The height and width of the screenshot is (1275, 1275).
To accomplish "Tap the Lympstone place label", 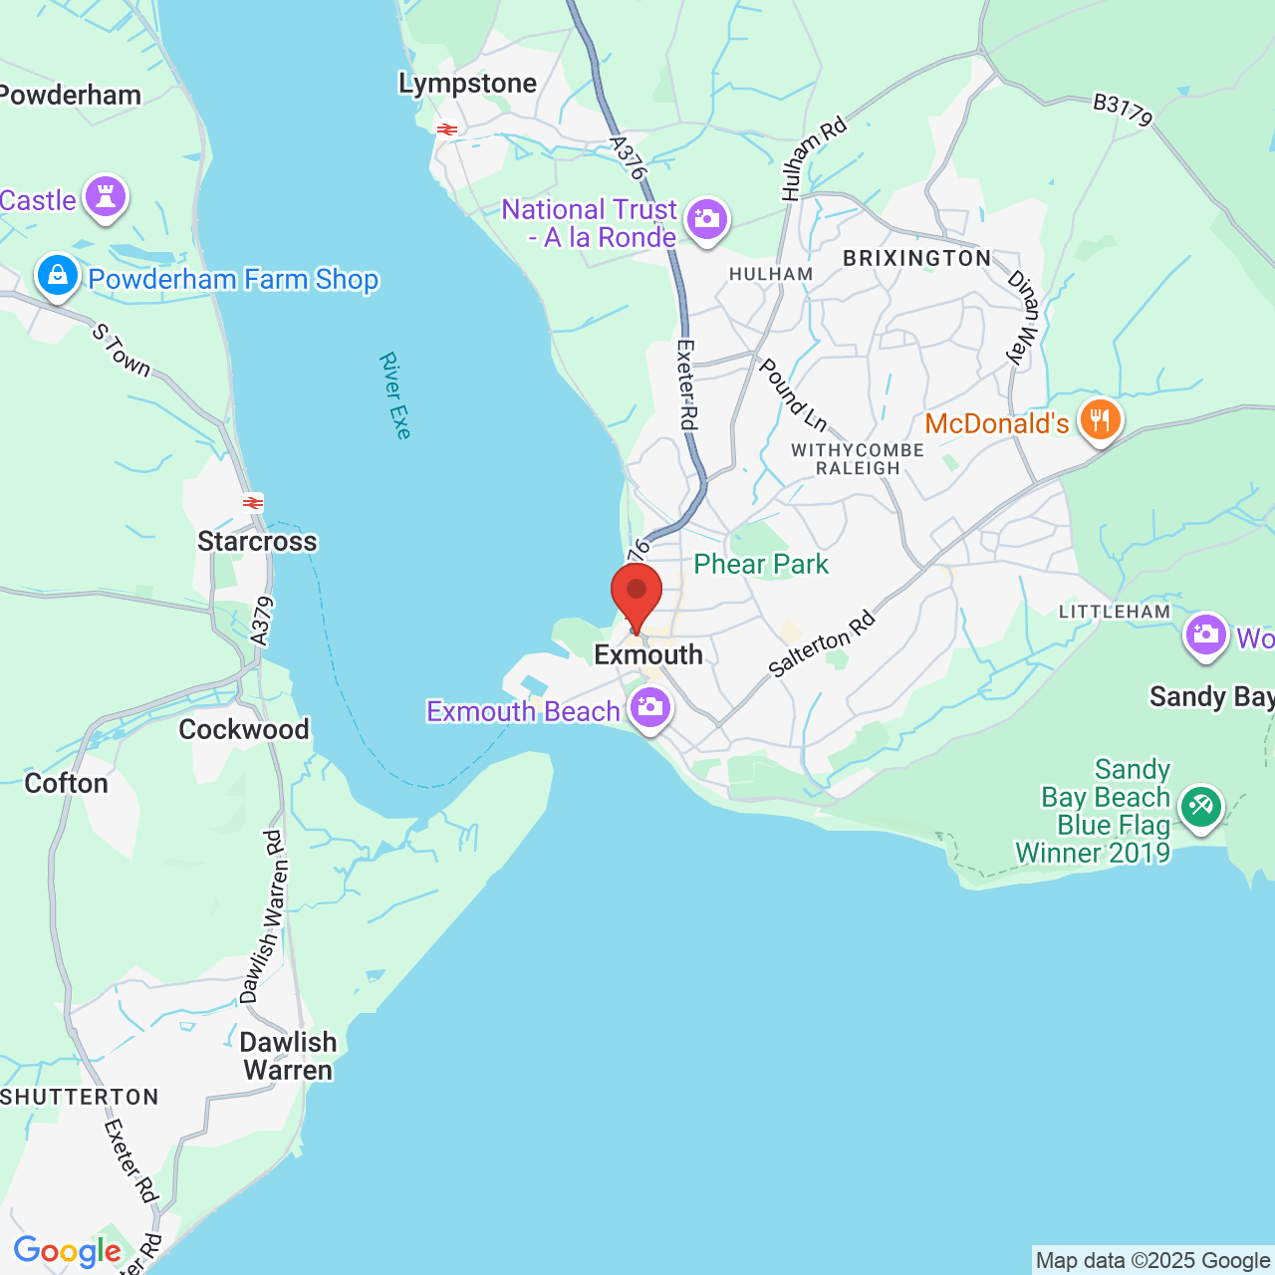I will pyautogui.click(x=467, y=84).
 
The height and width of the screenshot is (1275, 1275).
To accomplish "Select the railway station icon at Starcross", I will pyautogui.click(x=253, y=503).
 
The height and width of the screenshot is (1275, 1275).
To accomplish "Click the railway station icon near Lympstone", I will pyautogui.click(x=446, y=128).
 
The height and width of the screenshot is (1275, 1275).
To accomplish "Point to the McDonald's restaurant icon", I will pyautogui.click(x=1100, y=421).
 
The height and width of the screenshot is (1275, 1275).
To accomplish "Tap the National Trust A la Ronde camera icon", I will pyautogui.click(x=707, y=218).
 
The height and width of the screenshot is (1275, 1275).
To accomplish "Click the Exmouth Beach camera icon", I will pyautogui.click(x=649, y=708).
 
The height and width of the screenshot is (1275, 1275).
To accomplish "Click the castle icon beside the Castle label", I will pyautogui.click(x=106, y=196).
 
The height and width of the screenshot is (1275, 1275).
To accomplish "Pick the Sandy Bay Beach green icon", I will pyautogui.click(x=1200, y=806).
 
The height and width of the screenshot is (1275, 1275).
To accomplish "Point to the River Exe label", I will pyautogui.click(x=395, y=395).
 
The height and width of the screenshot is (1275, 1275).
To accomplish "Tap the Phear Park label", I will pyautogui.click(x=761, y=564).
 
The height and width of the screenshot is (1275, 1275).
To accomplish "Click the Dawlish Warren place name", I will pyautogui.click(x=288, y=1056).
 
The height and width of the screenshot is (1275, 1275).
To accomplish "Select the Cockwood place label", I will pyautogui.click(x=244, y=729).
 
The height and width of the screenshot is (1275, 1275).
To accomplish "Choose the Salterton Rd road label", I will pyautogui.click(x=823, y=644).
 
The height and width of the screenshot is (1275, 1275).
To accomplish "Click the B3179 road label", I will pyautogui.click(x=1123, y=110).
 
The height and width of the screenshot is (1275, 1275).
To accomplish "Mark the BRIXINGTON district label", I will pyautogui.click(x=916, y=258).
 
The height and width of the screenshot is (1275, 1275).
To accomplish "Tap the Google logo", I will pyautogui.click(x=67, y=1251).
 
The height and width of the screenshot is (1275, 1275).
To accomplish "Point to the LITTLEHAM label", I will pyautogui.click(x=1115, y=612).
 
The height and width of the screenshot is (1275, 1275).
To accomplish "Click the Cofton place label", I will pyautogui.click(x=66, y=783).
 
